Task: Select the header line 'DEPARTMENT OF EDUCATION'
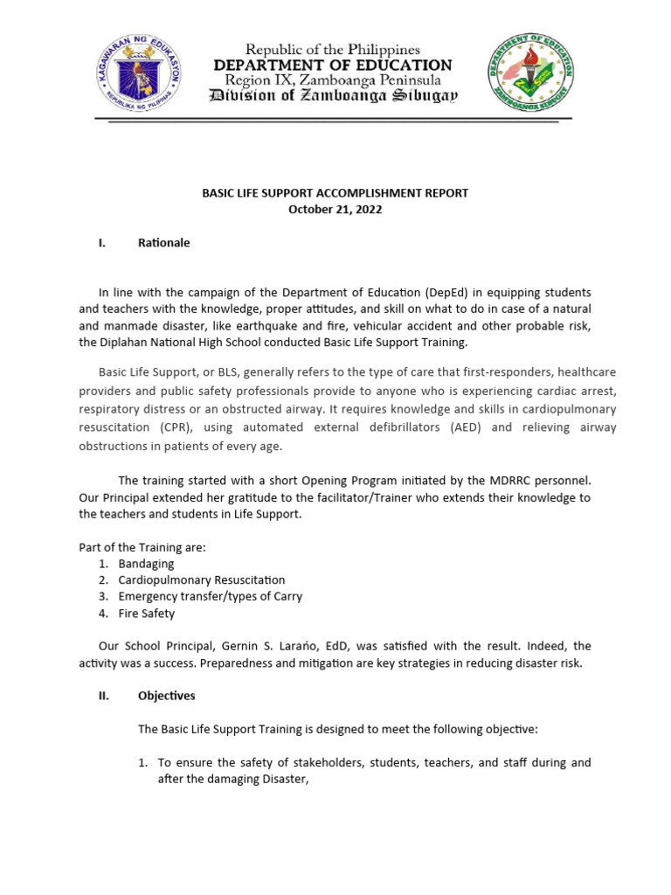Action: click(x=333, y=66)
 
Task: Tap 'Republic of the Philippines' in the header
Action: click(x=333, y=50)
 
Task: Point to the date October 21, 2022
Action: click(x=335, y=210)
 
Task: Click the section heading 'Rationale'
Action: click(x=163, y=243)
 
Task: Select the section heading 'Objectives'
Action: click(x=167, y=696)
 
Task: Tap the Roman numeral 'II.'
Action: click(x=102, y=696)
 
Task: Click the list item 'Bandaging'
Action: click(x=147, y=564)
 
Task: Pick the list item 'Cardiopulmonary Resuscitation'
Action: click(x=202, y=580)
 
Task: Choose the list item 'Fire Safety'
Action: click(x=147, y=614)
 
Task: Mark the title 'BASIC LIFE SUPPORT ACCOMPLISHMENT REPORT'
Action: click(x=335, y=193)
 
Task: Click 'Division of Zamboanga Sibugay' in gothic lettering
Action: click(x=333, y=97)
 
